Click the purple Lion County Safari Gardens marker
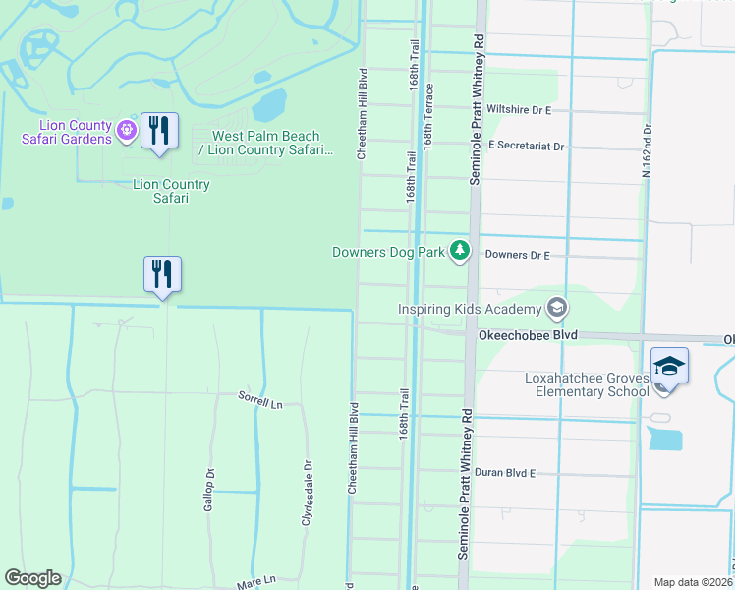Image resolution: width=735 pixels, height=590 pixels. [125, 130]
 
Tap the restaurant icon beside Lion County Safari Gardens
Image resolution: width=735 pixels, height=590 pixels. [159, 131]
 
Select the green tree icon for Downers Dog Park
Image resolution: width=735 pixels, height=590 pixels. [459, 252]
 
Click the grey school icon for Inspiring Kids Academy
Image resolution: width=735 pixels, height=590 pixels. [557, 310]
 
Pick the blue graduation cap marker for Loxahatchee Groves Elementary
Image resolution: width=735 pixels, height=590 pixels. [669, 366]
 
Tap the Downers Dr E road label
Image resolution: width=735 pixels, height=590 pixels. [517, 255]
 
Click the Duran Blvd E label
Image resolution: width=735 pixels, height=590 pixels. [504, 473]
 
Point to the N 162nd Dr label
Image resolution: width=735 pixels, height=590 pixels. [647, 149]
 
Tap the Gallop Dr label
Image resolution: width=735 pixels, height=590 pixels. [209, 486]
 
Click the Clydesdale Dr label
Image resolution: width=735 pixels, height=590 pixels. [307, 492]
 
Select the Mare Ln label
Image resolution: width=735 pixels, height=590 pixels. [256, 583]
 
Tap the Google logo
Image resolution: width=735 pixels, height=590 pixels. [32, 578]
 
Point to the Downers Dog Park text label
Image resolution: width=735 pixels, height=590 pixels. [388, 252]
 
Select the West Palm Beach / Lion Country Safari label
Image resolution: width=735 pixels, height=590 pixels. [266, 143]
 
